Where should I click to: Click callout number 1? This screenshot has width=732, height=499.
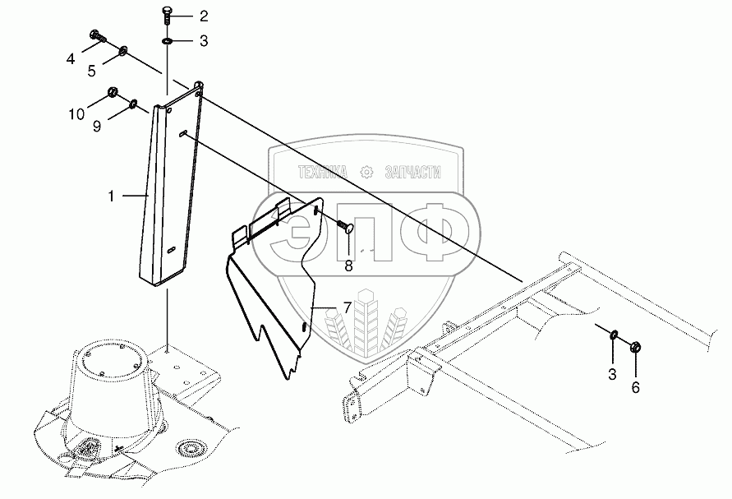[111, 196]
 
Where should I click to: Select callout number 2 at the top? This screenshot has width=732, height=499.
[203, 16]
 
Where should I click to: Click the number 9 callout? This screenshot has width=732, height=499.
[98, 126]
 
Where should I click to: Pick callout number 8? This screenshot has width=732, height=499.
[348, 265]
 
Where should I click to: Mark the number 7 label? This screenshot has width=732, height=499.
[348, 308]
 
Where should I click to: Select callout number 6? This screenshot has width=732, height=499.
[636, 387]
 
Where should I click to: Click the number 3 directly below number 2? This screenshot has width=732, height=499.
[203, 39]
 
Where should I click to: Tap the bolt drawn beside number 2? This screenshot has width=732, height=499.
[168, 14]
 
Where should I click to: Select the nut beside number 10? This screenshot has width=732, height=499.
[113, 92]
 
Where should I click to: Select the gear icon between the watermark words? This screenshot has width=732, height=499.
[366, 172]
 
